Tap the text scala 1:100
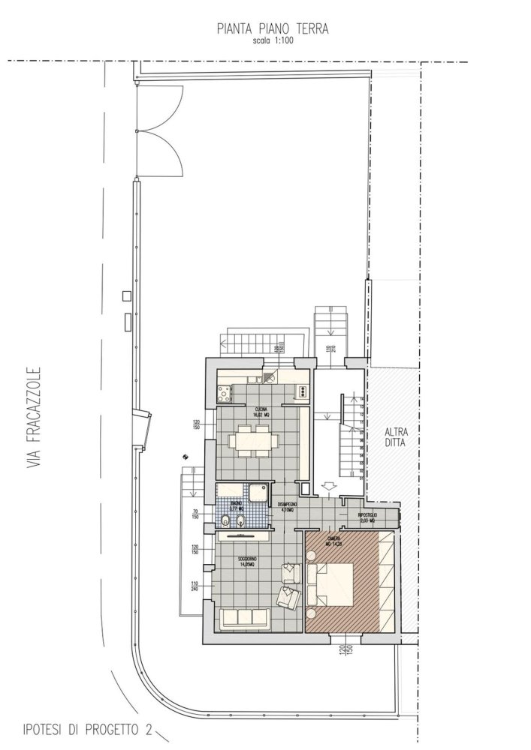click(x=273, y=41)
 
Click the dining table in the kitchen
click(x=252, y=441)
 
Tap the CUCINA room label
click(x=261, y=409)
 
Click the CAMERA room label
click(x=333, y=539)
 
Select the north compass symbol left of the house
click(x=184, y=454)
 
